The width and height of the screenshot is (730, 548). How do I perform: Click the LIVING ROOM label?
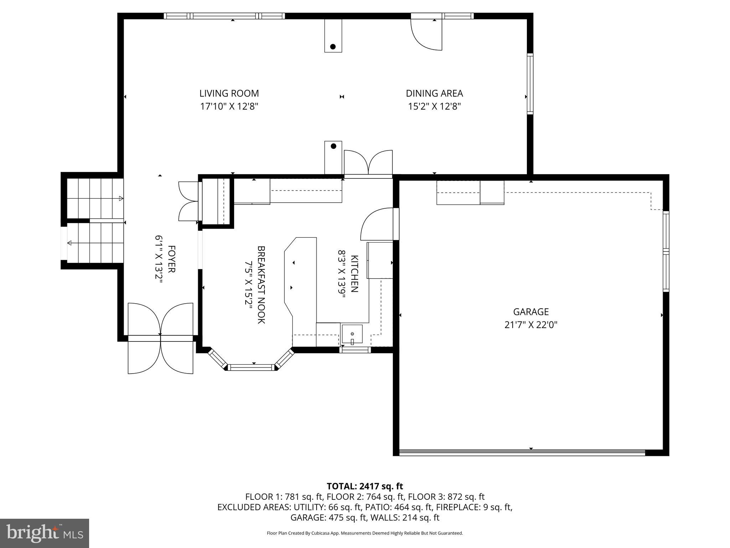click(x=229, y=93)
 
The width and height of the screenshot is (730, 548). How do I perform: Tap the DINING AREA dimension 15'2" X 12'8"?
click(x=434, y=106)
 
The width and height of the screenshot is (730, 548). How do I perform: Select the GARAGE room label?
click(x=531, y=312)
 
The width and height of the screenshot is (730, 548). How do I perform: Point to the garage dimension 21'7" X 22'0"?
click(x=531, y=325)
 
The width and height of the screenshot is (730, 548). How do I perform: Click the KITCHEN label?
click(x=354, y=274)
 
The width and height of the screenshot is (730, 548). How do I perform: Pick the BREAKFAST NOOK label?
click(x=261, y=284)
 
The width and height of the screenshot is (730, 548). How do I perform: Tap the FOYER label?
click(x=171, y=259)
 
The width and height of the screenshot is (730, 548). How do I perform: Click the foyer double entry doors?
click(x=160, y=337)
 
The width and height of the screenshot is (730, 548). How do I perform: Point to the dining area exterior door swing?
click(x=426, y=34)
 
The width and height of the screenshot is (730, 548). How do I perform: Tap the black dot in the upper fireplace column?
click(x=333, y=46)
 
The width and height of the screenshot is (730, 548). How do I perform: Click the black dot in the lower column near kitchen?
click(x=333, y=146)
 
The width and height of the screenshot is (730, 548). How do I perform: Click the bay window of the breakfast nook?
click(x=252, y=367)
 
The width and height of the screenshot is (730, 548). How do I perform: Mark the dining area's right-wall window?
click(x=530, y=84)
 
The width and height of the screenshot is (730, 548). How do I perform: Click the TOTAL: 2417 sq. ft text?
click(x=365, y=486)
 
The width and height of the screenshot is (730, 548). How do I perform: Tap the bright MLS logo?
click(x=45, y=533)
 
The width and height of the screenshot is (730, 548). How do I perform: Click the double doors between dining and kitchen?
click(x=368, y=163)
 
